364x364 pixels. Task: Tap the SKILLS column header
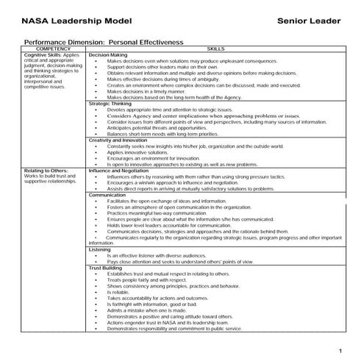pos(215,49)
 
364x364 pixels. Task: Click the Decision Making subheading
pos(107,55)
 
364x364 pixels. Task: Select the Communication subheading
pos(107,195)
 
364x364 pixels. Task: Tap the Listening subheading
pos(100,249)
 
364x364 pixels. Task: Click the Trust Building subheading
pos(105,268)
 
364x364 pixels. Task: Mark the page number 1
pos(340,348)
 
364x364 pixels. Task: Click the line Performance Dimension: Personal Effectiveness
pos(104,43)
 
